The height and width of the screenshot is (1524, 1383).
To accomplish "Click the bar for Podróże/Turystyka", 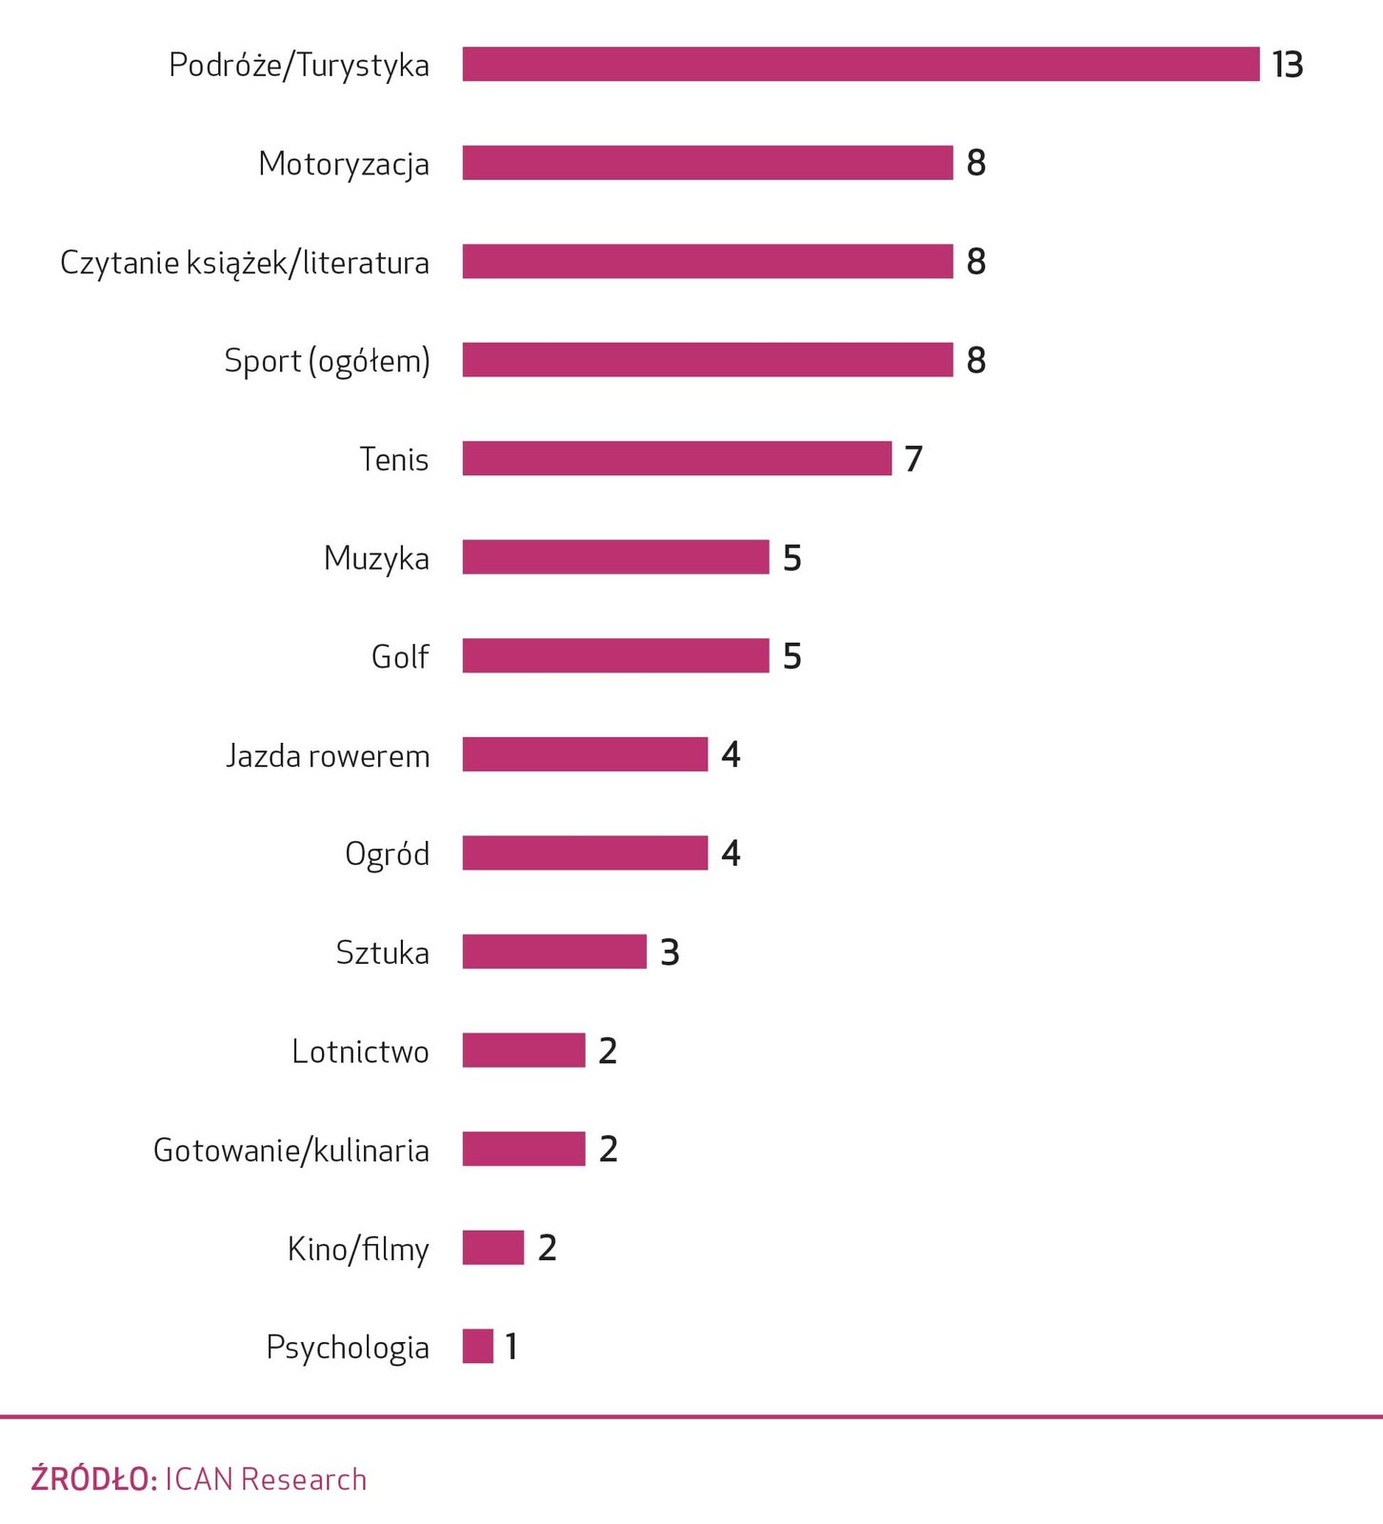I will [860, 65].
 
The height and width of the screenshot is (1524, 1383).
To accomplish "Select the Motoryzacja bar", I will [707, 163].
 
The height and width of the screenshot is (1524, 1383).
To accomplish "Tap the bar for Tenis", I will [676, 458].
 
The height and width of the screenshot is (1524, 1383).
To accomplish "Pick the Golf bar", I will [615, 655].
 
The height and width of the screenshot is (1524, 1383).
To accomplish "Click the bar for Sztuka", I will [554, 952].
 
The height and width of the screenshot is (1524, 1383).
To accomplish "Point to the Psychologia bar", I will [478, 1346].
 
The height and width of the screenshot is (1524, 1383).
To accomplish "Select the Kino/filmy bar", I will [493, 1248].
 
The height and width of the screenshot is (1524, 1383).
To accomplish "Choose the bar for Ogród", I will [585, 852].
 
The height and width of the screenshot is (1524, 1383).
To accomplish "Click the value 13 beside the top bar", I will [1287, 65].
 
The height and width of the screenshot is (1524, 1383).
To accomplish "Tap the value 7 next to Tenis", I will [913, 459].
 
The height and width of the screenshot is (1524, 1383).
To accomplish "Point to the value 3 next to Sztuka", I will [670, 952].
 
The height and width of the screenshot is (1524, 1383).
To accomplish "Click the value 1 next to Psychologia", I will [511, 1347].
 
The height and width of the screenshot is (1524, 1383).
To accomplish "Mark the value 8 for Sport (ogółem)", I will [975, 360].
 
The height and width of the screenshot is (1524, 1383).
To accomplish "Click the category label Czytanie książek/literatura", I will [245, 263].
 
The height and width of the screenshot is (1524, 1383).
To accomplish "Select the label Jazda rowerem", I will [328, 755].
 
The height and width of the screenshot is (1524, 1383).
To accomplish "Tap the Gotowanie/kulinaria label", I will [291, 1151].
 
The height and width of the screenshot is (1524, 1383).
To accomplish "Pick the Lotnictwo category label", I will [360, 1052].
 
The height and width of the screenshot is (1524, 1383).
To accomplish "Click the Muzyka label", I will [376, 558].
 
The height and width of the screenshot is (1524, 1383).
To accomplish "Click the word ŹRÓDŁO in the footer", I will [93, 1479].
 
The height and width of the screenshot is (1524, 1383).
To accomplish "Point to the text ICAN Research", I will [266, 1479].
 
